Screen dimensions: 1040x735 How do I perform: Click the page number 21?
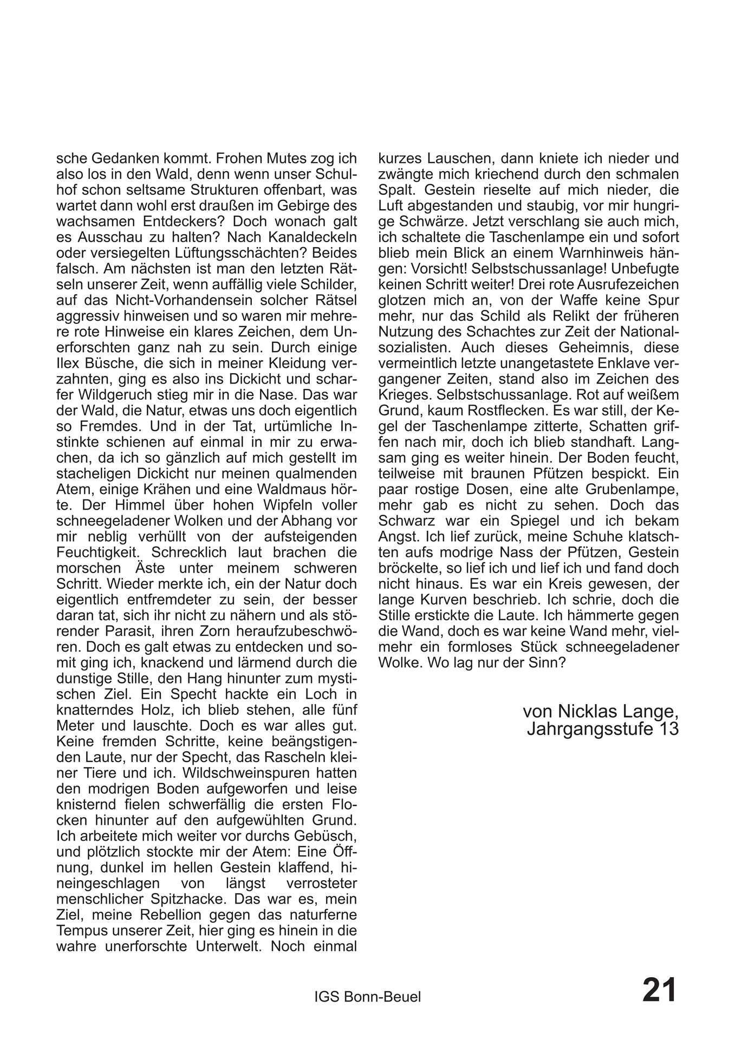tap(659, 991)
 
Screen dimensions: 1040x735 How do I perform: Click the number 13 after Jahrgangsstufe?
tap(668, 729)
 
